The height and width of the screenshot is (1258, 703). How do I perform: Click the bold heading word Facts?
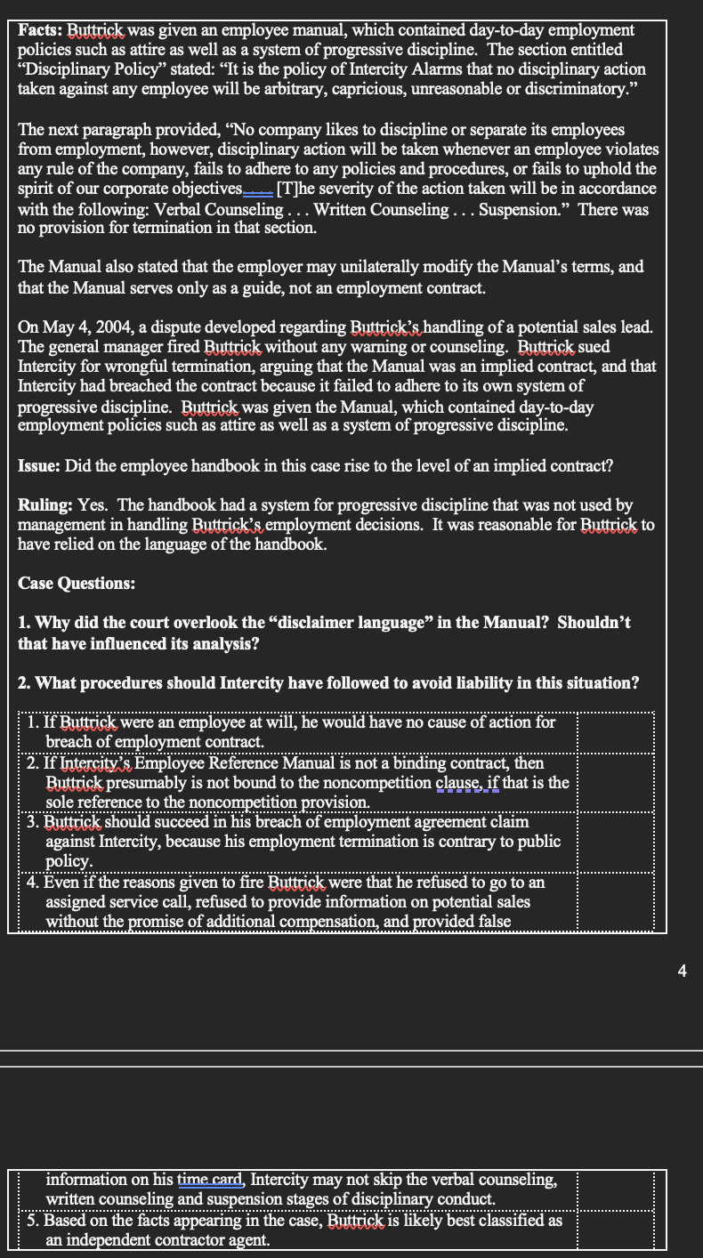(x=41, y=31)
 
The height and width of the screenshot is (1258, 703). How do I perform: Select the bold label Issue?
(x=42, y=466)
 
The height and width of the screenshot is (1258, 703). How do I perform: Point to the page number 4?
(x=683, y=972)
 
